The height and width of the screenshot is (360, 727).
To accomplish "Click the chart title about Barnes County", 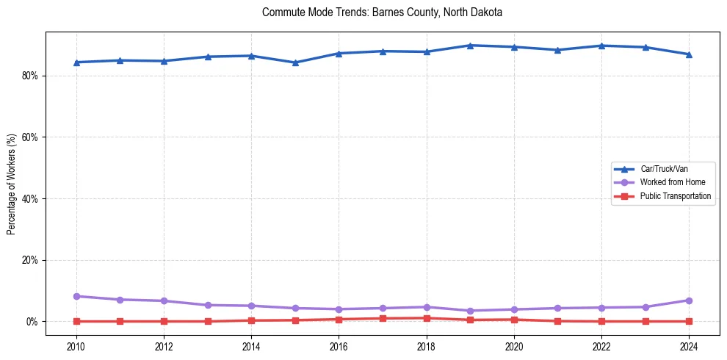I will (382, 12).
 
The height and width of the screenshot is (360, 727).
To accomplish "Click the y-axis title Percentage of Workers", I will (11, 184).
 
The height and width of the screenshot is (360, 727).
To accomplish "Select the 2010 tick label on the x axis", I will (76, 346).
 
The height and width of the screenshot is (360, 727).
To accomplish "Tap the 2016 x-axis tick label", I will (339, 346).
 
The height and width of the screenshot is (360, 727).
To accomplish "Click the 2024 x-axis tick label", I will (689, 346).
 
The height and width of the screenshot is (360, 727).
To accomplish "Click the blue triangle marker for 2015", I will (295, 62).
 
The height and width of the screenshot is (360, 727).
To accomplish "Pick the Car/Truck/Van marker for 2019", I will (470, 46).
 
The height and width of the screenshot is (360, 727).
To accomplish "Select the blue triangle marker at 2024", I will (689, 54).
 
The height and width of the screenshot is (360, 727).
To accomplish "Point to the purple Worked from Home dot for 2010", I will (76, 296).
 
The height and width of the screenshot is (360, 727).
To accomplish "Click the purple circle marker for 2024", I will (689, 300).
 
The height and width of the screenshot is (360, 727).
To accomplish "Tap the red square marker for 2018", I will (427, 318).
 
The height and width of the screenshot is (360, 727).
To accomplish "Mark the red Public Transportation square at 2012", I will (164, 321).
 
